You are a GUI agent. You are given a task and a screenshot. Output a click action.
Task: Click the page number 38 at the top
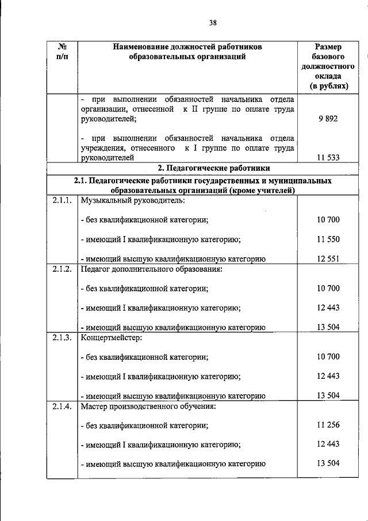click(x=213, y=23)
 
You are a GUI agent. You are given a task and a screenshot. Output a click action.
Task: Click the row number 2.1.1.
click(x=60, y=200)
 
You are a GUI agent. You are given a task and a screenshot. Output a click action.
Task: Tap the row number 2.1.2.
click(x=60, y=269)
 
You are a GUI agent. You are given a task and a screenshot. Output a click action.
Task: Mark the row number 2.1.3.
click(x=60, y=337)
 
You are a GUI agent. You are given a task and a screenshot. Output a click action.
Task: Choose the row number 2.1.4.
click(x=60, y=406)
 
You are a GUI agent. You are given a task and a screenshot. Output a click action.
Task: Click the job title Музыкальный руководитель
click(x=133, y=200)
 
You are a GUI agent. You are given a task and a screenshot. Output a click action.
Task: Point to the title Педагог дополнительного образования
click(x=151, y=269)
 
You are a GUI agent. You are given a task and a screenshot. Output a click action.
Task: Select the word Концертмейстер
click(x=112, y=337)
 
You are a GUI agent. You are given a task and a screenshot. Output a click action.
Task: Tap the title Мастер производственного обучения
click(x=148, y=406)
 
